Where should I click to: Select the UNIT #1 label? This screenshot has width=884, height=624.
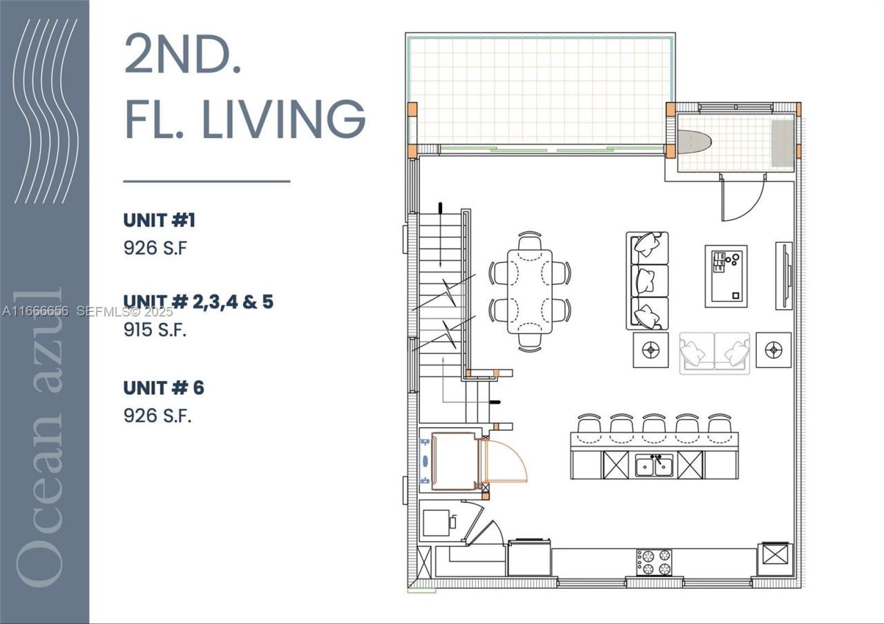tap(160, 220)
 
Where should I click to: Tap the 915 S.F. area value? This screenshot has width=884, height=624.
tap(155, 330)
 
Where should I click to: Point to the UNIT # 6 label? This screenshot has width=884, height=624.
tap(164, 388)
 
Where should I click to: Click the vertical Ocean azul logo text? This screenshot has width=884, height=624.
tap(43, 442)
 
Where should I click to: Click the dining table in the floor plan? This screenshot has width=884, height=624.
tap(530, 291)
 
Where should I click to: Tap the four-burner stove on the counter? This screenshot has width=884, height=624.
tap(654, 560)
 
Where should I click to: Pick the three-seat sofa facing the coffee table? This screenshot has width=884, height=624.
tap(647, 280)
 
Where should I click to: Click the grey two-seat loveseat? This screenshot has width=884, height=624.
tap(714, 353)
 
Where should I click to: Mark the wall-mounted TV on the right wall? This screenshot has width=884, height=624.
tap(783, 275)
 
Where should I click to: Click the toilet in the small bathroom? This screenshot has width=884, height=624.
tap(693, 143)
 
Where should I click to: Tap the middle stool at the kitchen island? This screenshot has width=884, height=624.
tap(653, 427)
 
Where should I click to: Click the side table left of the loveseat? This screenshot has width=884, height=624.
tap(651, 351)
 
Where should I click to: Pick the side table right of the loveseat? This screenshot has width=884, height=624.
tap(773, 350)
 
